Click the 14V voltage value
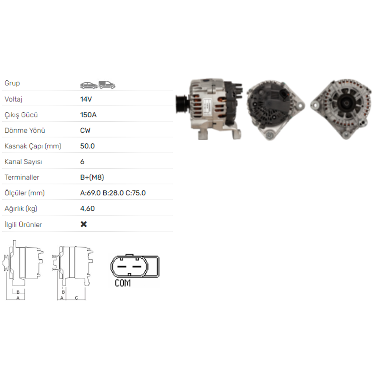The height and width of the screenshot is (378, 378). pos(86,99)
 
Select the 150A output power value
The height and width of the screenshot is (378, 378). pos(88,115)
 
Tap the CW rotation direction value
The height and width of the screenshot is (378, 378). pos(85,130)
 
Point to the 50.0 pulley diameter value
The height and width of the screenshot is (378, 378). pos(87,146)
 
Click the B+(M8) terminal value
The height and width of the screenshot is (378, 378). pos(92,177)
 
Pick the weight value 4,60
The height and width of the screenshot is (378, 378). pos(87,209)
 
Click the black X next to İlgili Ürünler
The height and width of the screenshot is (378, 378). pos(84,224)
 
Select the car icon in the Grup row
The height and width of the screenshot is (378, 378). pos(89,85)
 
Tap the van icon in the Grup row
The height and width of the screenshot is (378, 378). pos(107,85)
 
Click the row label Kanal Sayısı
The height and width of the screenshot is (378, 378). pos(23,162)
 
